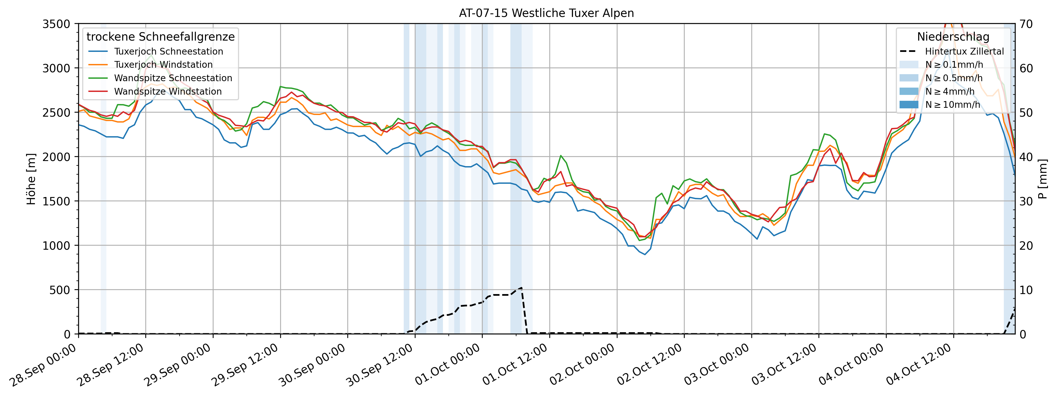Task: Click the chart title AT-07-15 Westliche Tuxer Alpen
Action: [x=546, y=13]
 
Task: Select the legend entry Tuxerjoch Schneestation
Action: [x=168, y=51]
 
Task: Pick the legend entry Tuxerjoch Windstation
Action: [x=163, y=65]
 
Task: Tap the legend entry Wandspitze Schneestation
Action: [x=173, y=78]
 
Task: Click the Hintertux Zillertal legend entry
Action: [x=964, y=51]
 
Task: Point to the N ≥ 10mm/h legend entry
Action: [x=952, y=104]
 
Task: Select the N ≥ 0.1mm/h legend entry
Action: [x=954, y=65]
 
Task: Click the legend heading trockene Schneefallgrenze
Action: [x=160, y=37]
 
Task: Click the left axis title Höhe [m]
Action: [x=31, y=179]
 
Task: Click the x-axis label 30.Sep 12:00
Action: [x=380, y=365]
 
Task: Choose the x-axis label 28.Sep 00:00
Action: [x=43, y=365]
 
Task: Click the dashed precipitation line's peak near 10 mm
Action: [x=521, y=288]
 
